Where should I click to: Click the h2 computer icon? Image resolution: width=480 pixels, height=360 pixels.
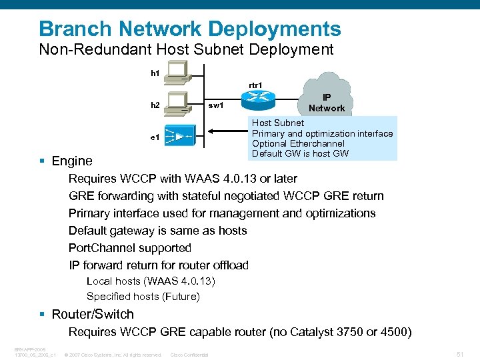(178, 102)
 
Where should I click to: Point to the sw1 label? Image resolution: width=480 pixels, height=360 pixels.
(216, 105)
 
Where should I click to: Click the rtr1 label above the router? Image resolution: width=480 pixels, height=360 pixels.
(255, 85)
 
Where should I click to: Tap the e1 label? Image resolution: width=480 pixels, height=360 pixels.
(154, 137)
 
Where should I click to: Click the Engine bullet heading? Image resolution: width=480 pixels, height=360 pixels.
(72, 161)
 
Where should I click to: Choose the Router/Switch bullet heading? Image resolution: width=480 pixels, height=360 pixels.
(93, 314)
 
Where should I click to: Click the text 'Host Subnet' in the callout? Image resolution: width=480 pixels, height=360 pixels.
(278, 123)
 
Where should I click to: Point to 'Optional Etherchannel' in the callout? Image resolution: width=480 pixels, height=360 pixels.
(298, 143)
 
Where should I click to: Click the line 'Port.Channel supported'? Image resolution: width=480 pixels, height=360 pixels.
(130, 248)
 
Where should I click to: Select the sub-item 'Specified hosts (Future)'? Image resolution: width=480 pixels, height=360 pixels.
(143, 296)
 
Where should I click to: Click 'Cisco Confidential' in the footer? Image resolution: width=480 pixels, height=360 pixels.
(189, 355)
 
